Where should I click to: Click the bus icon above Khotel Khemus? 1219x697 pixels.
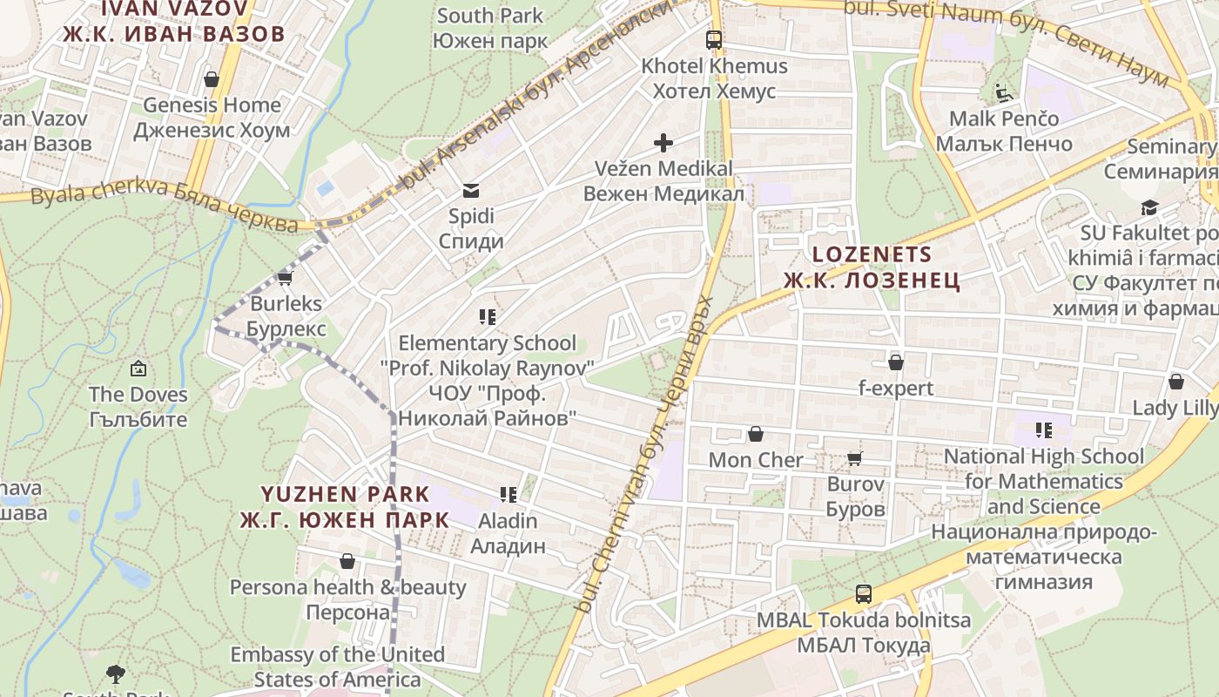click(714, 39)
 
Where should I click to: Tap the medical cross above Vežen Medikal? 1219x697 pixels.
click(663, 142)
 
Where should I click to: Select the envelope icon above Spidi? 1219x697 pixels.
click(471, 190)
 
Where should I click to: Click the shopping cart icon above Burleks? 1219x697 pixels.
click(285, 279)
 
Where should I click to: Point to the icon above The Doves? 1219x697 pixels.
click(138, 369)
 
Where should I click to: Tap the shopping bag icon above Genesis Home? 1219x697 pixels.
click(212, 79)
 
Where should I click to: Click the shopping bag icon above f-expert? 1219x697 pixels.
click(895, 362)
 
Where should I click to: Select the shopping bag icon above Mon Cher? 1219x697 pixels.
click(756, 434)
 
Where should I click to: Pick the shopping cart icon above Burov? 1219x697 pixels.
click(855, 458)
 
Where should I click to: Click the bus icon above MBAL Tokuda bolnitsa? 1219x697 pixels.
click(863, 594)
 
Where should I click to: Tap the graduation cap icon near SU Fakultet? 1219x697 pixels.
click(1150, 207)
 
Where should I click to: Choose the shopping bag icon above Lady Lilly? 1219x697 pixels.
click(1175, 382)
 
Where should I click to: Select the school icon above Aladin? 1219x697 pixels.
click(508, 495)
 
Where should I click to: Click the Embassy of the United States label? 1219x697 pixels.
click(337, 666)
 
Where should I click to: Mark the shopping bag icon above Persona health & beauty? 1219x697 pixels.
click(347, 561)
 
